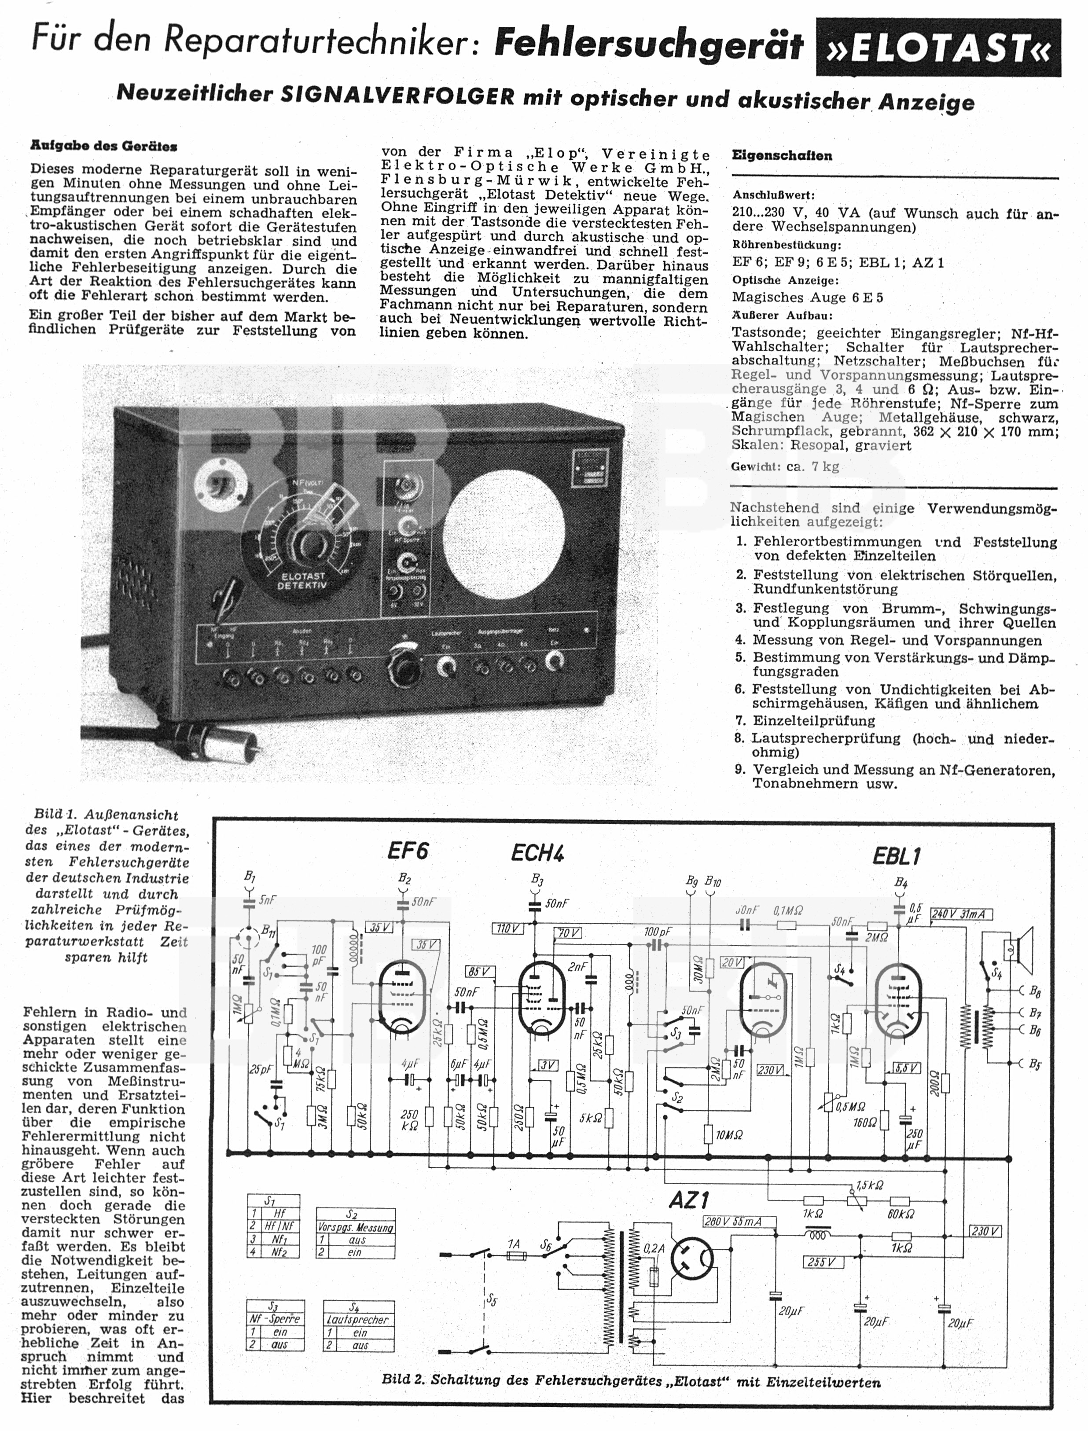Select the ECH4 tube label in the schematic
(537, 853)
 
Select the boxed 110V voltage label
(508, 928)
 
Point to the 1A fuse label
(514, 1244)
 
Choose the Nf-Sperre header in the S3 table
(275, 1318)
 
